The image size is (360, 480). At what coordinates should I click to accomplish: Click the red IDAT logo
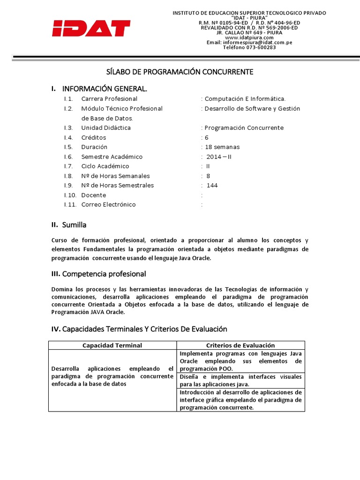[x=91, y=29]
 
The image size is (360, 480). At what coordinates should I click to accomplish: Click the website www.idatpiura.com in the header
[x=249, y=37]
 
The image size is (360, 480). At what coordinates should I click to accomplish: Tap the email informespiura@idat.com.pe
[x=249, y=43]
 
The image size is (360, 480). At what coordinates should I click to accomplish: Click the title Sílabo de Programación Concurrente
[x=180, y=72]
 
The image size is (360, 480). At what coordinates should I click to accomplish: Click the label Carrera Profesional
[x=109, y=99]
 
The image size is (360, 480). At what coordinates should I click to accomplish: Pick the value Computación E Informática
[x=245, y=99]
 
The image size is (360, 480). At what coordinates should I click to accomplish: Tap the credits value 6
[x=206, y=137]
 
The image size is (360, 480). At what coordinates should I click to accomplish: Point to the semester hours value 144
[x=212, y=186]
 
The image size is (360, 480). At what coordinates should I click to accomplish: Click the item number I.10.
[x=71, y=195]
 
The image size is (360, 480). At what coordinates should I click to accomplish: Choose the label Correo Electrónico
[x=108, y=205]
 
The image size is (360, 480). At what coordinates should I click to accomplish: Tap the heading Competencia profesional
[x=104, y=274]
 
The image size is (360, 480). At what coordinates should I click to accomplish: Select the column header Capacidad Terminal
[x=112, y=345]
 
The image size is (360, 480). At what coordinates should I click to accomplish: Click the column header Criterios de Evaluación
[x=240, y=345]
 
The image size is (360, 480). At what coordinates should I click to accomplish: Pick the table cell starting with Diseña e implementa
[x=240, y=381]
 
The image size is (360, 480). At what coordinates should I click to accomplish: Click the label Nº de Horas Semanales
[x=115, y=176]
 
